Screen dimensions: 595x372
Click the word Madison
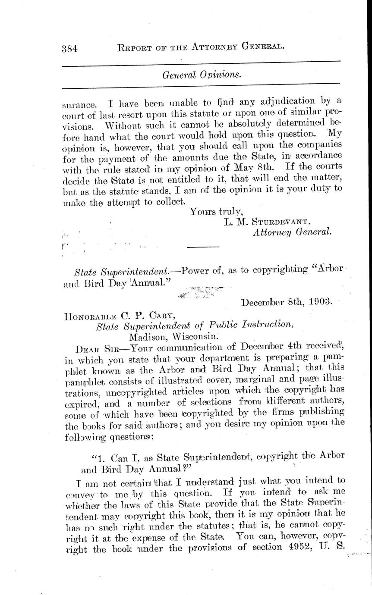(x=148, y=336)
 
